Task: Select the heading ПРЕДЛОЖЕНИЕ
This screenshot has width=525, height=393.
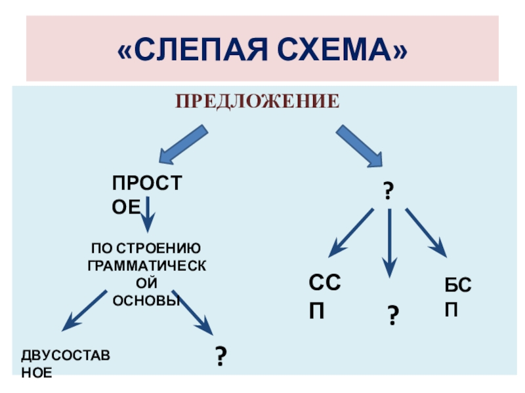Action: point(257,102)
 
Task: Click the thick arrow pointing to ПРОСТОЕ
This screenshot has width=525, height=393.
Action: point(183,145)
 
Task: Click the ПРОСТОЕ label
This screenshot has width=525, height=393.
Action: point(145,195)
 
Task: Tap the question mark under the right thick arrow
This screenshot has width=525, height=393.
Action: point(388,192)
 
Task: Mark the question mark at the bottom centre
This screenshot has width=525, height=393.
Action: point(221,356)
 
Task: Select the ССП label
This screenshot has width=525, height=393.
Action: point(325,296)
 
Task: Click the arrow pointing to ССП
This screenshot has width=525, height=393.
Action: point(350,232)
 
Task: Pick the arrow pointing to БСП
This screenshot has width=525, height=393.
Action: point(427,232)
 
